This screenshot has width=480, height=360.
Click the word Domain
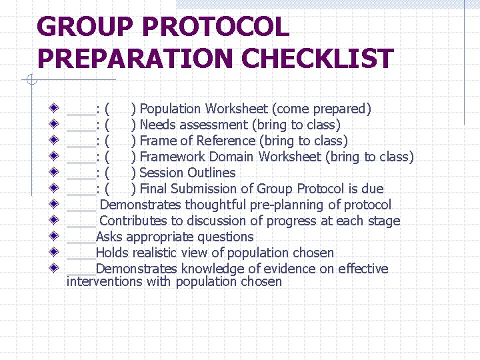pos(232,157)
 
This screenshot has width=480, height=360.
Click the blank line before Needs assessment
pos(81,127)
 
